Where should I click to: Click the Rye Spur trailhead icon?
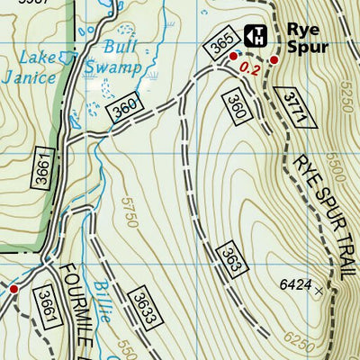coord(255,37)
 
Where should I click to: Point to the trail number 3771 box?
coord(293,105)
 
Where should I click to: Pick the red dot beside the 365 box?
coord(234,56)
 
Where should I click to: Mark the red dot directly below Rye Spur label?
coord(274,60)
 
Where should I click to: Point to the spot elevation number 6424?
coord(295,285)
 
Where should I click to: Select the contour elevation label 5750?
coord(127,217)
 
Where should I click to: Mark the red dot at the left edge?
coord(13,289)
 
